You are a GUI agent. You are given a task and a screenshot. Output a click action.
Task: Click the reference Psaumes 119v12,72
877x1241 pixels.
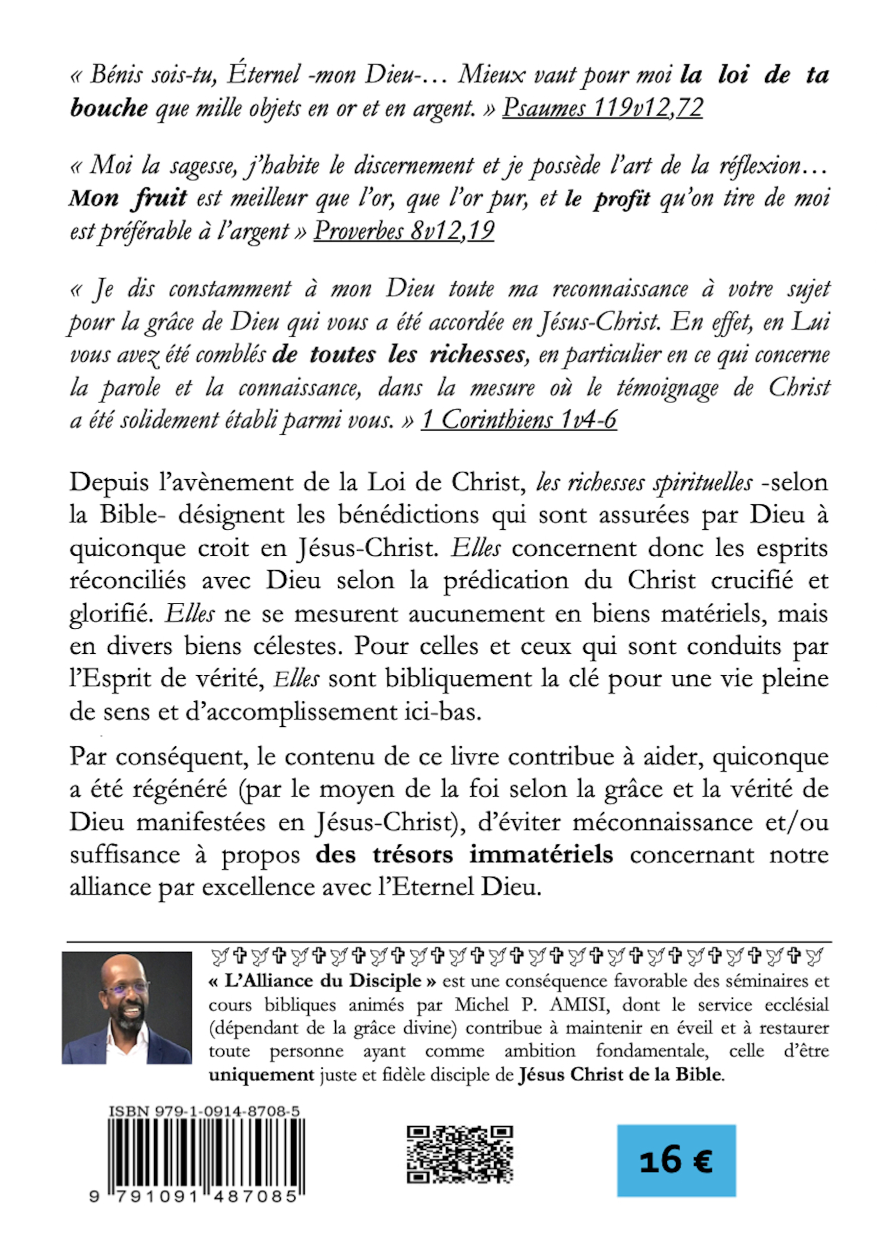pos(602,108)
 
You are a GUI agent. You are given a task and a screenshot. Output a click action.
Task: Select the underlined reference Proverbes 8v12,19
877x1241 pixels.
pos(403,231)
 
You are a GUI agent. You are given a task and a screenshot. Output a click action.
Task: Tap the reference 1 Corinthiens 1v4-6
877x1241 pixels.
pos(518,420)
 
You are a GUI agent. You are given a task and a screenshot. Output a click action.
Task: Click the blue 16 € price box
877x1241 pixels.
pos(676,1160)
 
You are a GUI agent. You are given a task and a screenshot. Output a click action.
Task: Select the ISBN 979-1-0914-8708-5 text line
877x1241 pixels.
pos(204,1111)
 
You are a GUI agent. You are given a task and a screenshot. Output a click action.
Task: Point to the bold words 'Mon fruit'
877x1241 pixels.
pos(128,199)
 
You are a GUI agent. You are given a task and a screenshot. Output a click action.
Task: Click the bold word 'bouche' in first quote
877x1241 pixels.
pos(108,108)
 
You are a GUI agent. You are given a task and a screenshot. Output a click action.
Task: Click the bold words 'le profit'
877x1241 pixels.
pos(607,199)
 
